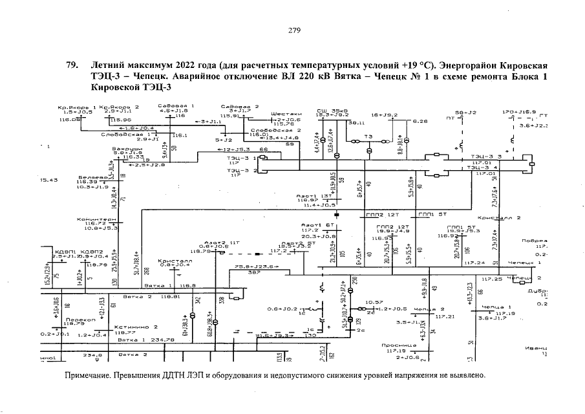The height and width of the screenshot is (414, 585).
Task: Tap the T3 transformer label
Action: [369, 136]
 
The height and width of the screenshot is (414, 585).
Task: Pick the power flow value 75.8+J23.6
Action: [257, 266]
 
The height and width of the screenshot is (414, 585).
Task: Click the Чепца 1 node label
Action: [497, 308]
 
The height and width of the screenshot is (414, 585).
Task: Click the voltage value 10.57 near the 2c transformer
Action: [374, 301]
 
